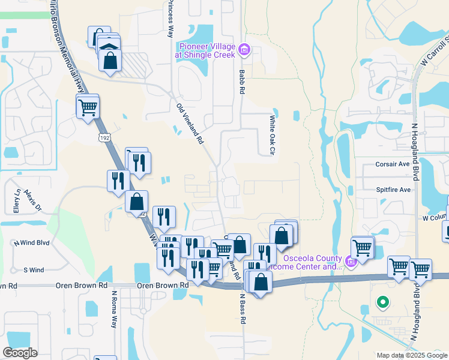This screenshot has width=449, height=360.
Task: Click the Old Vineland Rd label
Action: pyautogui.click(x=191, y=123)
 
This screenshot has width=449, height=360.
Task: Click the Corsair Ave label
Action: pyautogui.click(x=393, y=164)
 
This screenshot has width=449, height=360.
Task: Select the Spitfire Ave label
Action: pyautogui.click(x=393, y=190)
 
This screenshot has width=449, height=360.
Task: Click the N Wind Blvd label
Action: pyautogui.click(x=31, y=243)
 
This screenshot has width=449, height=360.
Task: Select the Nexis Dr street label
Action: pyautogui.click(x=35, y=201)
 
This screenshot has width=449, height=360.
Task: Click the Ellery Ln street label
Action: pyautogui.click(x=17, y=201)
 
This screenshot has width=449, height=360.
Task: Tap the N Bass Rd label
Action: pyautogui.click(x=243, y=309)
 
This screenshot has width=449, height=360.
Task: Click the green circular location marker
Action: pyautogui.click(x=381, y=302)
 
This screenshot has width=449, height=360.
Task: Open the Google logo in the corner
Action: pyautogui.click(x=20, y=353)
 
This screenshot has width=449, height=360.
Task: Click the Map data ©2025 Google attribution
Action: pyautogui.click(x=412, y=355)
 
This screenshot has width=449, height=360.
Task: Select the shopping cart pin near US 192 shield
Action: pyautogui.click(x=88, y=108)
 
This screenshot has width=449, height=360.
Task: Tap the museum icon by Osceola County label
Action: pyautogui.click(x=351, y=261)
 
